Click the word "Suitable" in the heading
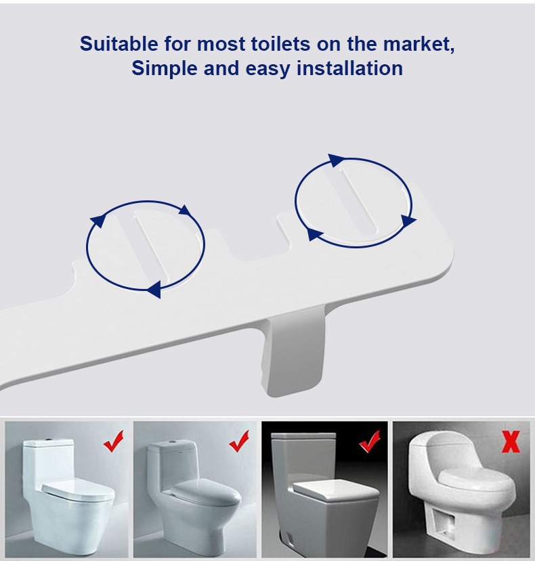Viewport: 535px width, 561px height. click(119, 44)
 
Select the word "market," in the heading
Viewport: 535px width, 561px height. click(419, 45)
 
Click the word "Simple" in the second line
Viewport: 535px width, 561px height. click(165, 69)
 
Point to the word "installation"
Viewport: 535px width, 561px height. click(350, 68)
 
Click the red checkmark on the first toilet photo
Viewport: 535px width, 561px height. click(114, 441)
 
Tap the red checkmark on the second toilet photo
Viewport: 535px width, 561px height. click(239, 441)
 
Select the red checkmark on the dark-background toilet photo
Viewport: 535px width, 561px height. click(370, 441)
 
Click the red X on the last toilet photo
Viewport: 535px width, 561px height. click(511, 442)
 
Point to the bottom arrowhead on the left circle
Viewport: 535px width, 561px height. click(154, 289)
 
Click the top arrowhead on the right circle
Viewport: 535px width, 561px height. click(335, 160)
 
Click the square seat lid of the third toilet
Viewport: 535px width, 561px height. click(336, 490)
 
